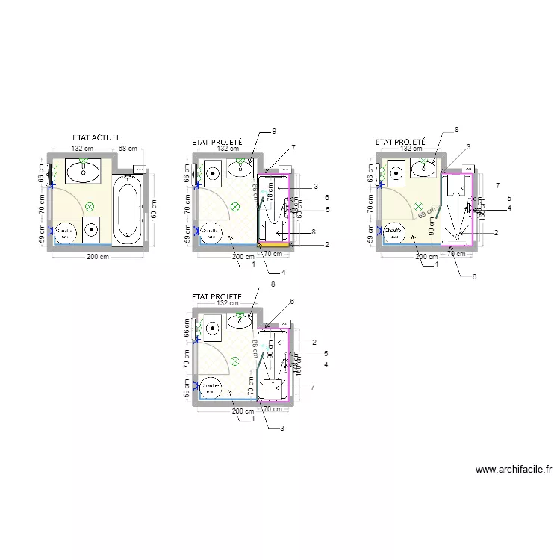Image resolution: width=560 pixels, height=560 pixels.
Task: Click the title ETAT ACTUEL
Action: pyautogui.click(x=96, y=138)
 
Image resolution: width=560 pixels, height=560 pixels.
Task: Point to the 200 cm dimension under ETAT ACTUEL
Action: pyautogui.click(x=99, y=257)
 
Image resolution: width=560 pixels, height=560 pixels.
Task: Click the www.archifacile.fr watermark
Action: pyautogui.click(x=513, y=470)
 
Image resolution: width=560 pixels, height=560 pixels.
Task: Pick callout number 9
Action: pyautogui.click(x=274, y=131)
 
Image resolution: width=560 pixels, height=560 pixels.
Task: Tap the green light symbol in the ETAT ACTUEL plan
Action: pyautogui.click(x=90, y=205)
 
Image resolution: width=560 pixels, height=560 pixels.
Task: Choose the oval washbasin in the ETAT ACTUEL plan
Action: pyautogui.click(x=84, y=172)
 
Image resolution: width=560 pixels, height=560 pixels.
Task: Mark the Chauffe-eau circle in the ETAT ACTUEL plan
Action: pyautogui.click(x=65, y=232)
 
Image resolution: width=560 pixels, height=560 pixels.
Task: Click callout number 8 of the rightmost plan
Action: pyautogui.click(x=456, y=131)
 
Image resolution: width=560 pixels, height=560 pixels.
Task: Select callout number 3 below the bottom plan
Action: pyautogui.click(x=281, y=428)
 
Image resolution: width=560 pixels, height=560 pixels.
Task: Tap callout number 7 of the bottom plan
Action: pyautogui.click(x=311, y=387)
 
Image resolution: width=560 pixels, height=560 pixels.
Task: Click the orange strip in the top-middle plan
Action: pyautogui.click(x=273, y=244)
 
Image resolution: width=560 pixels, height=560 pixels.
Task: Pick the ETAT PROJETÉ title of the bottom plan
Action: pyautogui.click(x=217, y=296)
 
